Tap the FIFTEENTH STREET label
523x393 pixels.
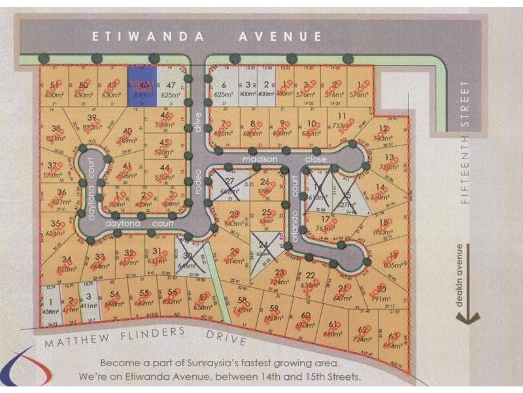pyautogui.click(x=465, y=141)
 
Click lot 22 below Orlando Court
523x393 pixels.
pyautogui.click(x=310, y=280)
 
